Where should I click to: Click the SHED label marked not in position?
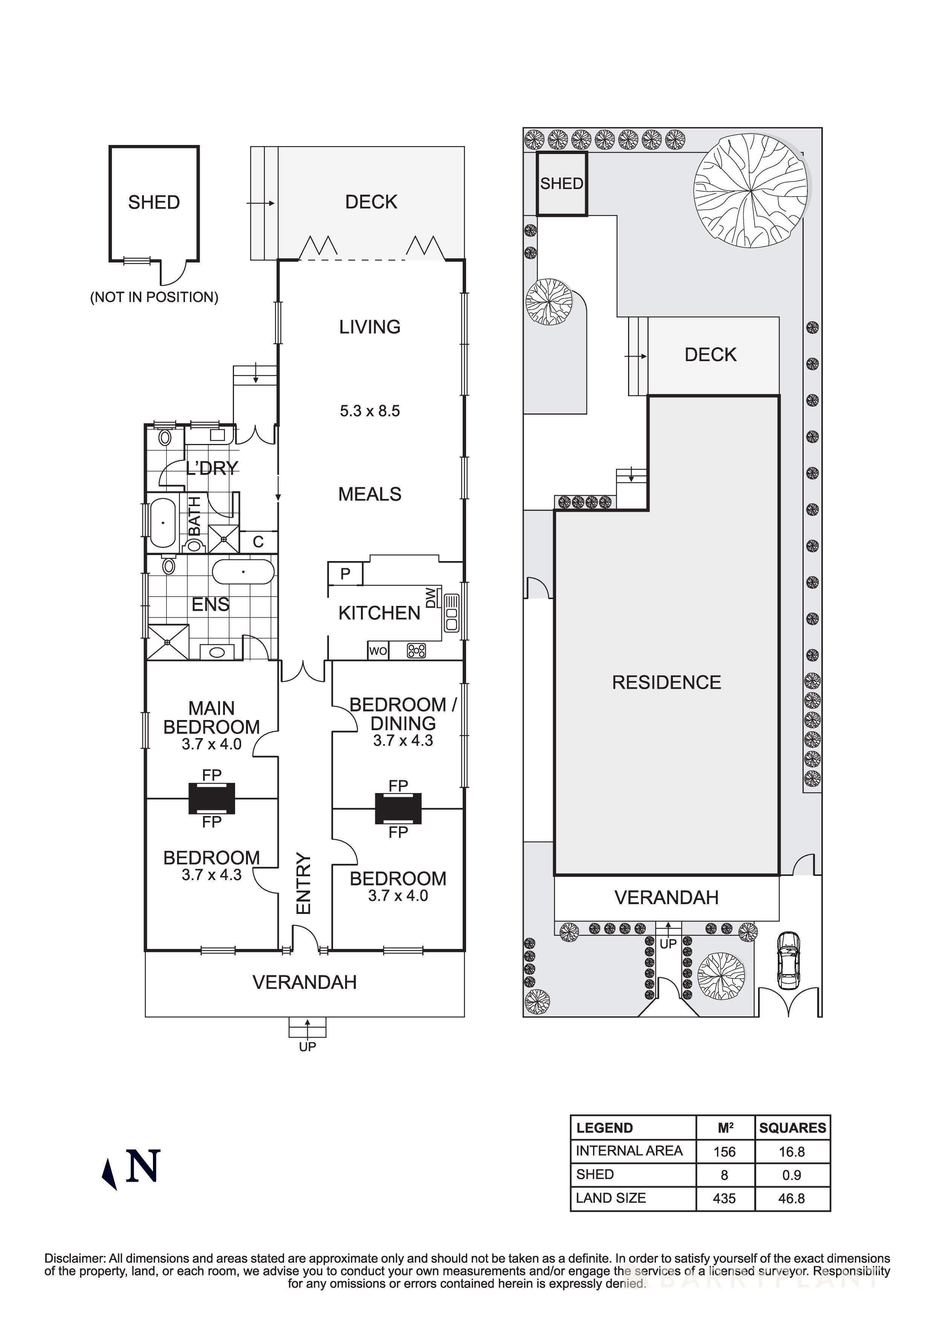pos(154,203)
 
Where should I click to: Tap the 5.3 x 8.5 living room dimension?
pos(370,411)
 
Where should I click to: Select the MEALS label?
pos(370,494)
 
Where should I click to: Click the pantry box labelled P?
pos(345,574)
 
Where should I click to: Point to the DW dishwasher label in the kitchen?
pos(431,597)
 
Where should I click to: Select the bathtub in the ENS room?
pos(243,572)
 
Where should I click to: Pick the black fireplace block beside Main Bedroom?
pos(212,799)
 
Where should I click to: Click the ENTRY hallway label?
pos(303,883)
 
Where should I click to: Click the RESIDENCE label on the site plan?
pos(666,682)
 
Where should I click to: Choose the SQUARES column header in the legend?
pos(792,1128)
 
